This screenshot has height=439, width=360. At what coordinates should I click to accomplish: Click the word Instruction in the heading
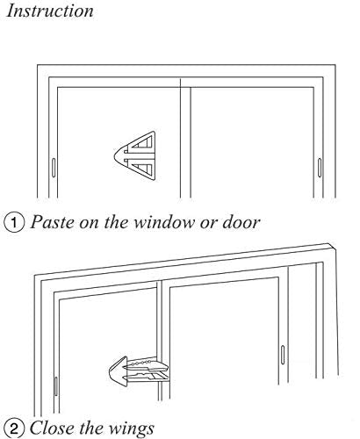coord(50,11)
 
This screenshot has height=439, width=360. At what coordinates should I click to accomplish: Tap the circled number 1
coord(14,223)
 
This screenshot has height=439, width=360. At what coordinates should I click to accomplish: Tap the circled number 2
coord(14,429)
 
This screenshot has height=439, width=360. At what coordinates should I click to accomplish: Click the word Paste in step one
coord(53,222)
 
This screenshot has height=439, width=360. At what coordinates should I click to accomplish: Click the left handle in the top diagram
coord(54,168)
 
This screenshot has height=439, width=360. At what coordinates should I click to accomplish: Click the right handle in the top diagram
coord(320,168)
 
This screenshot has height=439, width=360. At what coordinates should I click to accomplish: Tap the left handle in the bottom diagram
coord(56,386)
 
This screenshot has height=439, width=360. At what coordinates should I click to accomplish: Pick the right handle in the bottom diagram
coord(283,355)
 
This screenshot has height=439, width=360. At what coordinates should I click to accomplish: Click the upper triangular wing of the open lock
coord(143,142)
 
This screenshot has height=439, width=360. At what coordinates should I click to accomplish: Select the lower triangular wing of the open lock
coord(143,169)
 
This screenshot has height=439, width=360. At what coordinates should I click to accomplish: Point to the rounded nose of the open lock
coord(119,155)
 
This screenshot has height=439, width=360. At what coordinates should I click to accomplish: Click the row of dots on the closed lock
coord(139,363)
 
